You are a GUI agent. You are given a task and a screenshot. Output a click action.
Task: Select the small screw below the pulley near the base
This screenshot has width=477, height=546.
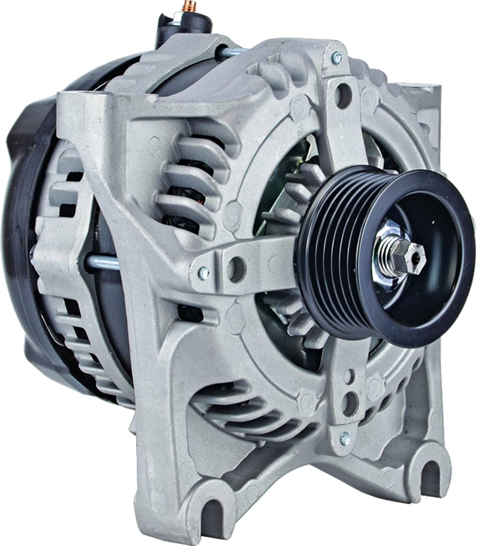point(343,437)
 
